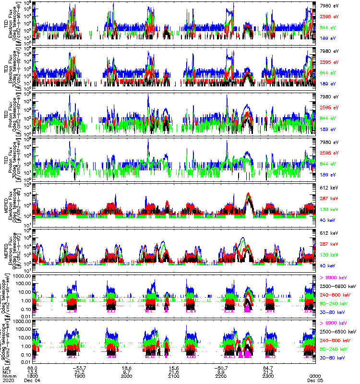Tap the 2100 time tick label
click(174, 376)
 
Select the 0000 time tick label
click(315, 376)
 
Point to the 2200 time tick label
click(221, 376)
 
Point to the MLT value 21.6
click(174, 372)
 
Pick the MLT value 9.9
click(221, 372)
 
